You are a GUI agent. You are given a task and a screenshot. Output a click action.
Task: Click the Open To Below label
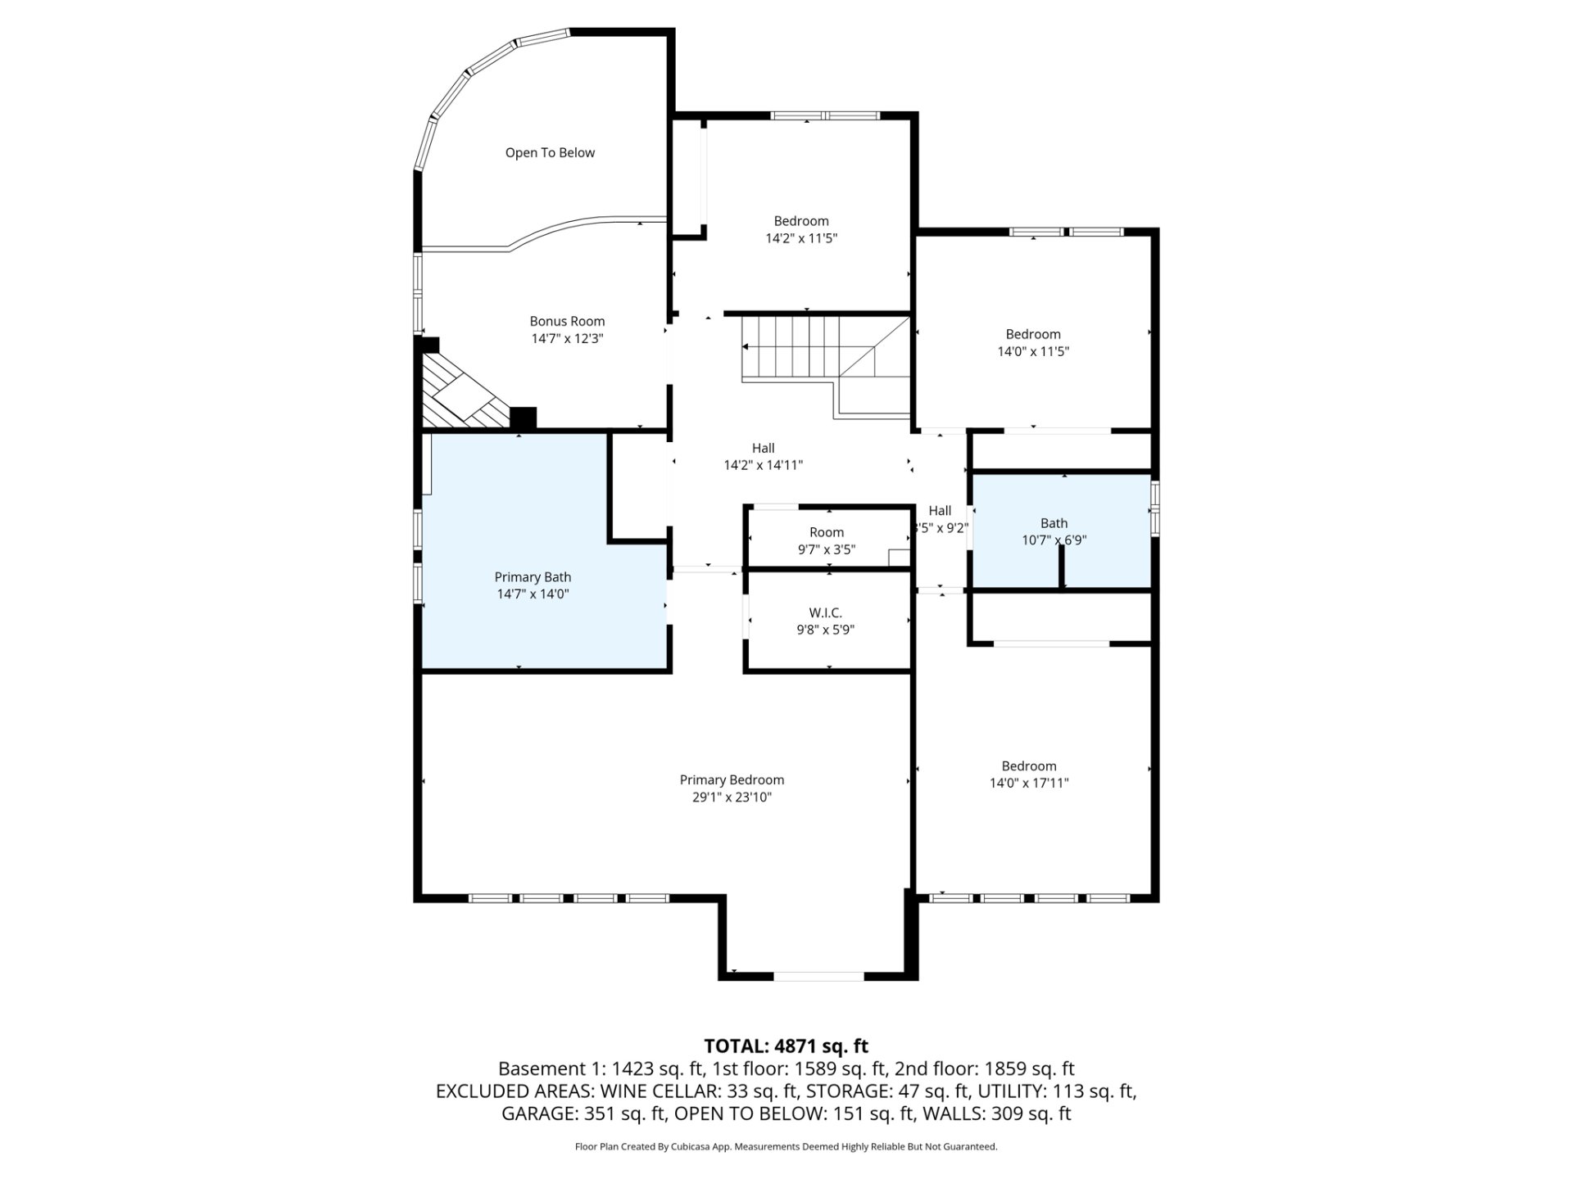coord(550,153)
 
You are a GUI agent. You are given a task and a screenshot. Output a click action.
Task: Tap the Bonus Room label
coord(567,322)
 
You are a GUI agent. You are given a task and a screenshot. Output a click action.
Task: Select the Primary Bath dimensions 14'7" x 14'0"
coord(533,594)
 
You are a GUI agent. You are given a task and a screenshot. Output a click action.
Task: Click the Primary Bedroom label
coord(732,780)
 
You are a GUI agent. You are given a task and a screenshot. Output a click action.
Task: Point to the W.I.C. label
coord(825,613)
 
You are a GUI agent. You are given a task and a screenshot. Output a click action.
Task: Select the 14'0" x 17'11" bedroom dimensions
coord(1029,783)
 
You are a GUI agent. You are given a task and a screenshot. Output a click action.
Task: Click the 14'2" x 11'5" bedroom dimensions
coord(801,238)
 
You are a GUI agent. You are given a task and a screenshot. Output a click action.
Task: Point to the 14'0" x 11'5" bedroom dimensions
coord(1033,351)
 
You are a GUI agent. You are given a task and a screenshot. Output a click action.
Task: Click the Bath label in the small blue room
coord(1054,523)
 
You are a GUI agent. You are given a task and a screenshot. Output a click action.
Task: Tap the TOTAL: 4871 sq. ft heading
coord(786,1046)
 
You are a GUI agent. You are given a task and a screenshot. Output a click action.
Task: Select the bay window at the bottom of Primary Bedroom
coord(818,976)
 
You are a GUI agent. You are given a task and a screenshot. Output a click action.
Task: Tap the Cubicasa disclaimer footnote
coord(786,1147)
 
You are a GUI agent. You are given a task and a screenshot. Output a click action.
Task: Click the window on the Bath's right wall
coord(1155,508)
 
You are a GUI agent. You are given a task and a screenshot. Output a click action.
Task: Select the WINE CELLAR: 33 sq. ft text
coord(699,1091)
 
